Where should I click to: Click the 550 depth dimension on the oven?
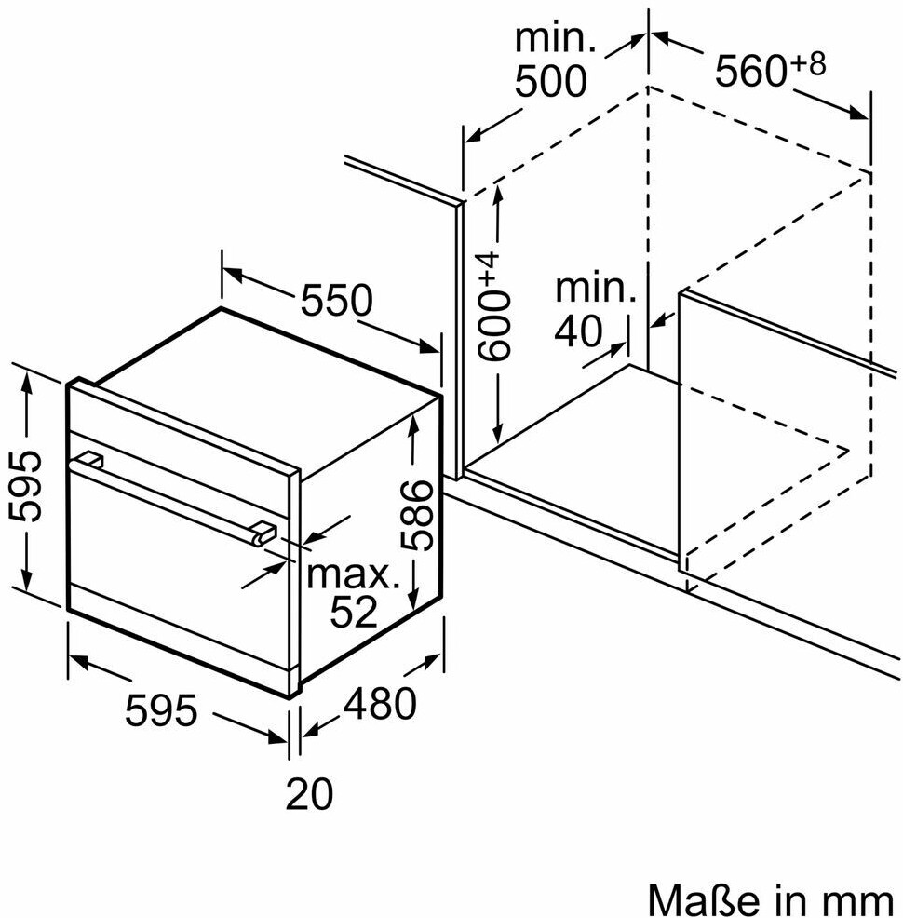336,301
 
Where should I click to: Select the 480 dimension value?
380,703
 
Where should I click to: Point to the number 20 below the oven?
309,794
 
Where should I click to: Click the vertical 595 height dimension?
26,485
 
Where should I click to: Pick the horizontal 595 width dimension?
162,710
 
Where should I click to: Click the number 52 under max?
354,611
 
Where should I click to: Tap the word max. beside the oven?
353,575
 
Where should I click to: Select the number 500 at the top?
550,81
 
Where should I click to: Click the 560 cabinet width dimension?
750,71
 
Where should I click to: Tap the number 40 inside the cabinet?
577,331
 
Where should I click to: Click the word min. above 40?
596,289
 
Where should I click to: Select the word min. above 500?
556,38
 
